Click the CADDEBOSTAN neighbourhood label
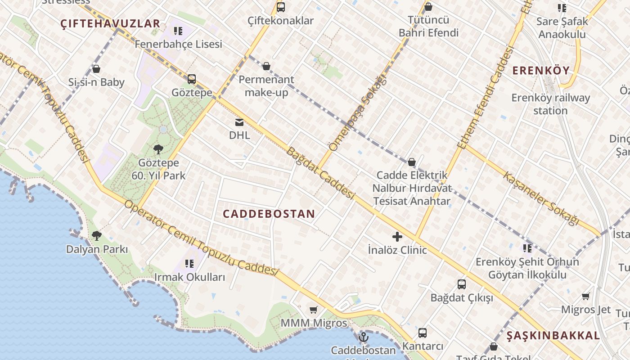pyautogui.click(x=269, y=214)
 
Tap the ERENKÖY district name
pyautogui.click(x=541, y=71)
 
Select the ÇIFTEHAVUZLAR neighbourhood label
pyautogui.click(x=110, y=24)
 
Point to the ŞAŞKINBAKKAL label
pyautogui.click(x=553, y=336)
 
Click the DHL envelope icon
pyautogui.click(x=239, y=122)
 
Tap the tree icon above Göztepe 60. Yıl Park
pyautogui.click(x=158, y=149)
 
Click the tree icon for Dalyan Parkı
pyautogui.click(x=96, y=235)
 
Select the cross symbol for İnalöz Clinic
pyautogui.click(x=397, y=236)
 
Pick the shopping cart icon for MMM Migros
pyautogui.click(x=314, y=310)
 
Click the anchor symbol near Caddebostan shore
pyautogui.click(x=363, y=337)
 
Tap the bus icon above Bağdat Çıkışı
pyautogui.click(x=462, y=284)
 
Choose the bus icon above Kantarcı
pyautogui.click(x=422, y=333)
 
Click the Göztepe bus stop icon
pyautogui.click(x=192, y=79)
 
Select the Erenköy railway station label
pyautogui.click(x=550, y=104)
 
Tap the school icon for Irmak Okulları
pyautogui.click(x=189, y=264)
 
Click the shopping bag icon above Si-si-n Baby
pyautogui.click(x=96, y=69)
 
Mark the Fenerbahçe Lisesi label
pyautogui.click(x=178, y=44)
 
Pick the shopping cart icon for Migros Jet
pyautogui.click(x=585, y=296)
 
